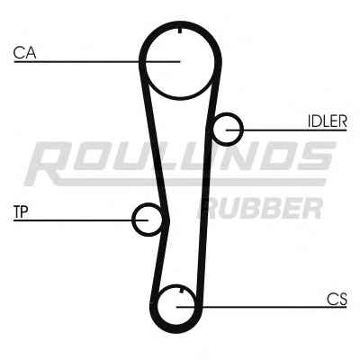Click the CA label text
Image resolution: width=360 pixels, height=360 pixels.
(x=24, y=53)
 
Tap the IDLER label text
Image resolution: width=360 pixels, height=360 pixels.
(x=328, y=121)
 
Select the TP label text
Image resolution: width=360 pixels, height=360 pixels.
(x=21, y=211)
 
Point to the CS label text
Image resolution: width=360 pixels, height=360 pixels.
(x=337, y=299)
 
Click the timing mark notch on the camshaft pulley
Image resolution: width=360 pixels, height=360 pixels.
(x=180, y=31)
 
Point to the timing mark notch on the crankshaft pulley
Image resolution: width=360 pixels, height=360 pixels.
(x=181, y=290)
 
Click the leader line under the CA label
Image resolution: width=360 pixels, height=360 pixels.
(x=97, y=62)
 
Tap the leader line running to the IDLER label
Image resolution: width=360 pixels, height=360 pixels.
(x=286, y=130)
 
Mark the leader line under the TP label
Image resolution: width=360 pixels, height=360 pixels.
(x=81, y=220)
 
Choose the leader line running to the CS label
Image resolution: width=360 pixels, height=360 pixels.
(x=262, y=307)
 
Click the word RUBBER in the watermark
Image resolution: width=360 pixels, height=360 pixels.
(x=260, y=208)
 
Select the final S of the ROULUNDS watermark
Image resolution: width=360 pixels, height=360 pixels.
(x=317, y=156)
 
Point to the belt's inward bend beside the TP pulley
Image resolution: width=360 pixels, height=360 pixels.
(x=167, y=222)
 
